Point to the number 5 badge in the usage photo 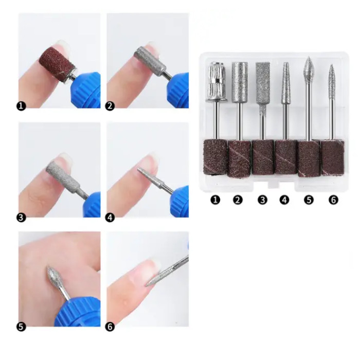point(22,326)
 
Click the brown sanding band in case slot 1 point(215,156)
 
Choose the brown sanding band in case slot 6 point(332,156)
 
